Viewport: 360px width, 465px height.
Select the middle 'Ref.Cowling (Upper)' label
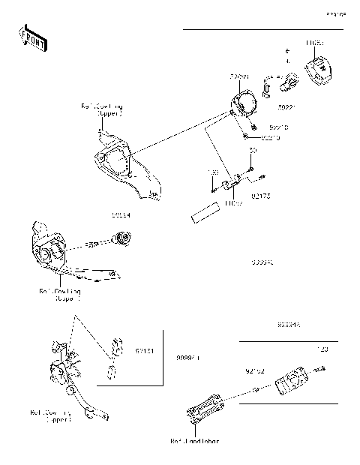[60, 294]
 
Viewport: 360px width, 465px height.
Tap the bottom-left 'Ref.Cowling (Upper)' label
[51, 415]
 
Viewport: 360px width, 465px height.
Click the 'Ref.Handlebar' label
[196, 441]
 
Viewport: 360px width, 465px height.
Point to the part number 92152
[256, 370]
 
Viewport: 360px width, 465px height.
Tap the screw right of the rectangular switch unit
[320, 370]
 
